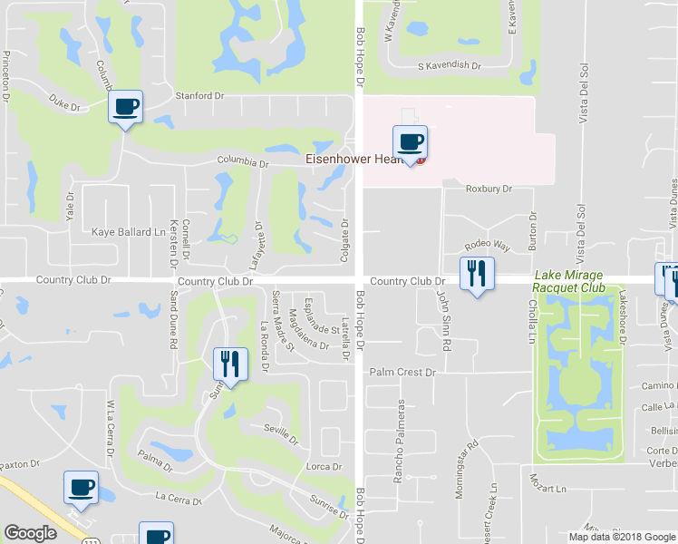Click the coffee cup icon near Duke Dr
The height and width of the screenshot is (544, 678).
(125, 108)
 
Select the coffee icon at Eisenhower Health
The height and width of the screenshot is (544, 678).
(410, 142)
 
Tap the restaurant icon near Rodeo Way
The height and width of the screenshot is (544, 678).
(477, 273)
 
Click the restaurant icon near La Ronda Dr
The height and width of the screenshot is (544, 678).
(230, 364)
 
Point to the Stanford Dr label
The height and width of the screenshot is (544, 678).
(199, 95)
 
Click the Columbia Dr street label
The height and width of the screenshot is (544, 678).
(243, 163)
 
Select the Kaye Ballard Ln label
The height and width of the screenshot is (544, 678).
(127, 232)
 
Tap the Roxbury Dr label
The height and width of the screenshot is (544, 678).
(489, 189)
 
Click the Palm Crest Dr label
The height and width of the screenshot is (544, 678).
(402, 372)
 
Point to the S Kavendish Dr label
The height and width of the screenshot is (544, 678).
(449, 66)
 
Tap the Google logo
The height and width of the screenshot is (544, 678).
(30, 533)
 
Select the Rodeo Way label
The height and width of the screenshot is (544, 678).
(488, 246)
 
